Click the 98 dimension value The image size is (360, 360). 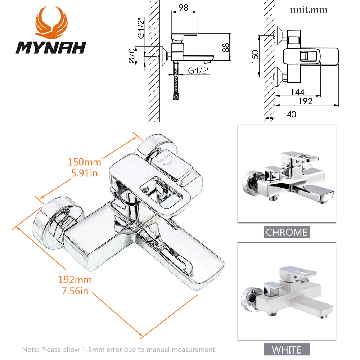[184, 8]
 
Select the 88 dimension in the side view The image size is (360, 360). [226, 48]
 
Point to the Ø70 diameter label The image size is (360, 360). [132, 57]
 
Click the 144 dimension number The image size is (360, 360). [297, 92]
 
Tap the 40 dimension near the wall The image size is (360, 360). [292, 114]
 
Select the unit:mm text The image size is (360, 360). [309, 10]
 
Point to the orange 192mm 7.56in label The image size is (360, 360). [75, 285]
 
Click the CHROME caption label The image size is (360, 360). [287, 232]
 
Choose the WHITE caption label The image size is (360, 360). [287, 349]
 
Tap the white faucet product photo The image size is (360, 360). [287, 292]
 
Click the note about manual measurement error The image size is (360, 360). [120, 349]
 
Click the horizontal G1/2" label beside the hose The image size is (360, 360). [198, 71]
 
